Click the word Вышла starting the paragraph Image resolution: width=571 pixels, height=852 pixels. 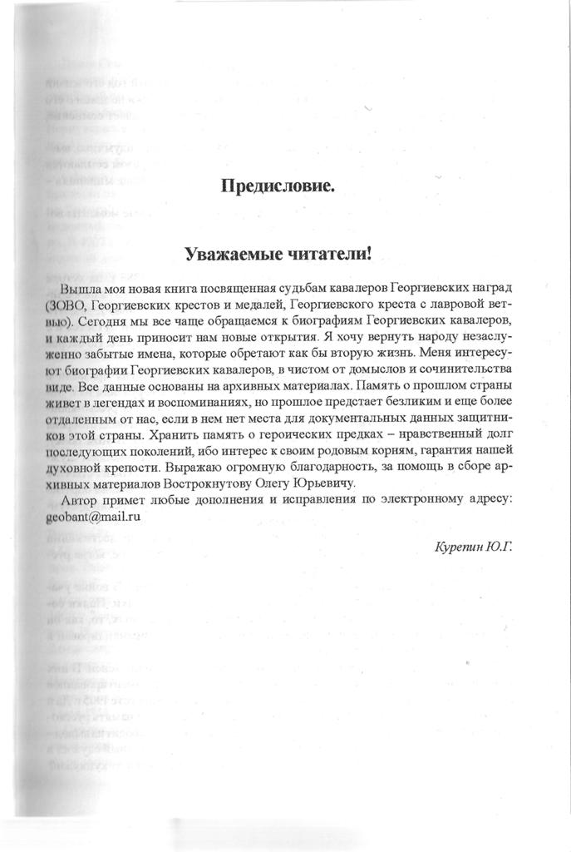coord(81,290)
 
